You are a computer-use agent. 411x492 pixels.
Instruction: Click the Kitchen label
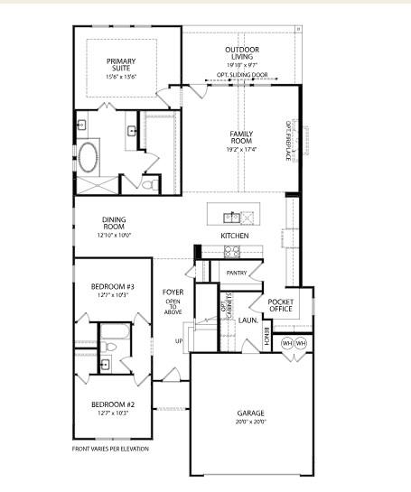[235, 236]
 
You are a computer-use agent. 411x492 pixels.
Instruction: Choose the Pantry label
[237, 272]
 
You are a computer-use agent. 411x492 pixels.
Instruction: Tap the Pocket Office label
[281, 304]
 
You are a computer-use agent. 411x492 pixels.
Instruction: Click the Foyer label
[173, 292]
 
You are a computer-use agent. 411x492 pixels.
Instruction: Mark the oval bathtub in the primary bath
[89, 157]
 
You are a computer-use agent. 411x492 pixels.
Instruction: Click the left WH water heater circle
[287, 344]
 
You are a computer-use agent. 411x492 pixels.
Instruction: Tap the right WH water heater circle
[301, 344]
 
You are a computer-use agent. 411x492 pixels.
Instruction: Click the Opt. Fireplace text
[289, 140]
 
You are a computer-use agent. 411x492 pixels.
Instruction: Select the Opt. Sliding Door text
[239, 75]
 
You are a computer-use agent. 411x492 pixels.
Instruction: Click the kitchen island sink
[232, 216]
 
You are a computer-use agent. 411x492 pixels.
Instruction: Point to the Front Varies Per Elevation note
[110, 449]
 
